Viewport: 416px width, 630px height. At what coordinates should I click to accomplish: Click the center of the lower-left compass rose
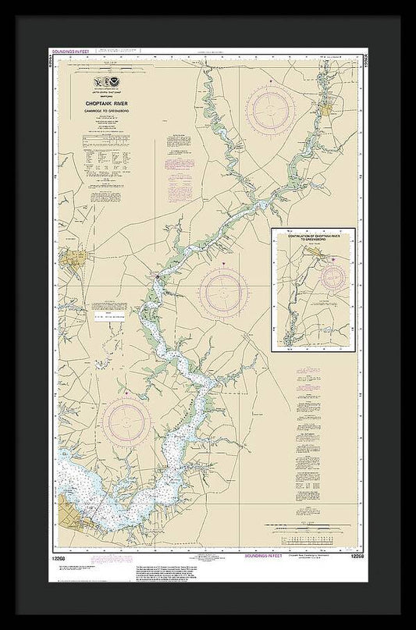coord(126,425)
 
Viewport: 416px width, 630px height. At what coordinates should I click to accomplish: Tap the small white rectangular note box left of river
coord(108,319)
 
